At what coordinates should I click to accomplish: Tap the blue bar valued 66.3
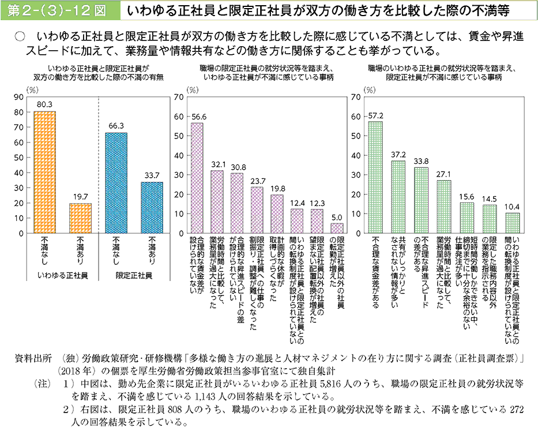click(x=116, y=183)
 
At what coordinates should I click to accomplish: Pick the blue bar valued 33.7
click(x=152, y=208)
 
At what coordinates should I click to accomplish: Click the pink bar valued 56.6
click(x=197, y=178)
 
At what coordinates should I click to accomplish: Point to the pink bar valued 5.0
click(x=337, y=228)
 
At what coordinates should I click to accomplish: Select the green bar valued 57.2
click(x=375, y=177)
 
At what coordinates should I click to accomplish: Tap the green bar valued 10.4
click(x=512, y=223)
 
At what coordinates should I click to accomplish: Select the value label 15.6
click(x=466, y=196)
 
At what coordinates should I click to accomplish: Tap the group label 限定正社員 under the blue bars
click(x=134, y=276)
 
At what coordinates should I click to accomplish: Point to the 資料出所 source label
click(x=33, y=358)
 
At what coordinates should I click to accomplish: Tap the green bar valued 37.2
click(x=398, y=197)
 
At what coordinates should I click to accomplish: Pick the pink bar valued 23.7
click(x=257, y=210)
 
